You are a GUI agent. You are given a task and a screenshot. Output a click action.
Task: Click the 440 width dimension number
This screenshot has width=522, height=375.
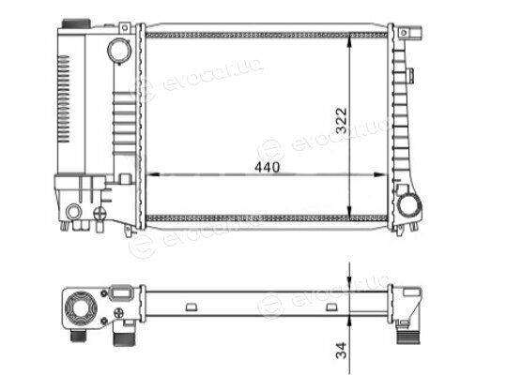pyautogui.click(x=267, y=167)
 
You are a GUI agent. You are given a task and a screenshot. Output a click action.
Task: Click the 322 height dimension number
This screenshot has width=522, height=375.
pyautogui.click(x=341, y=120)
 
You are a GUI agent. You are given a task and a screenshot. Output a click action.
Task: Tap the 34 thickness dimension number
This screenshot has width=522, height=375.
pyautogui.click(x=341, y=351)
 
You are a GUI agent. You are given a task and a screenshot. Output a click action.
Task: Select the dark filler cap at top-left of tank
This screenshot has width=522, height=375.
pyautogui.click(x=76, y=23)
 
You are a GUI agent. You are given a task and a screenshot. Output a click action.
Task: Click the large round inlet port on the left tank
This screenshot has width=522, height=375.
pyautogui.click(x=119, y=51)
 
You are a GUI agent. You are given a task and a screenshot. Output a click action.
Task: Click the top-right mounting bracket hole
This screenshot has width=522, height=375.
pyautogui.click(x=404, y=33)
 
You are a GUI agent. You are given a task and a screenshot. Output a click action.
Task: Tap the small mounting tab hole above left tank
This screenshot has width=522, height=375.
pyautogui.click(x=125, y=28)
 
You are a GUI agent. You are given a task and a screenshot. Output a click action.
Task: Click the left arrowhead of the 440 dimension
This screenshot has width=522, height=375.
pyautogui.click(x=152, y=174)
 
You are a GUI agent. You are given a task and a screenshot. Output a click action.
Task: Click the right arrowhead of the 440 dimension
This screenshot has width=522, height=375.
pyautogui.click(x=380, y=174)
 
